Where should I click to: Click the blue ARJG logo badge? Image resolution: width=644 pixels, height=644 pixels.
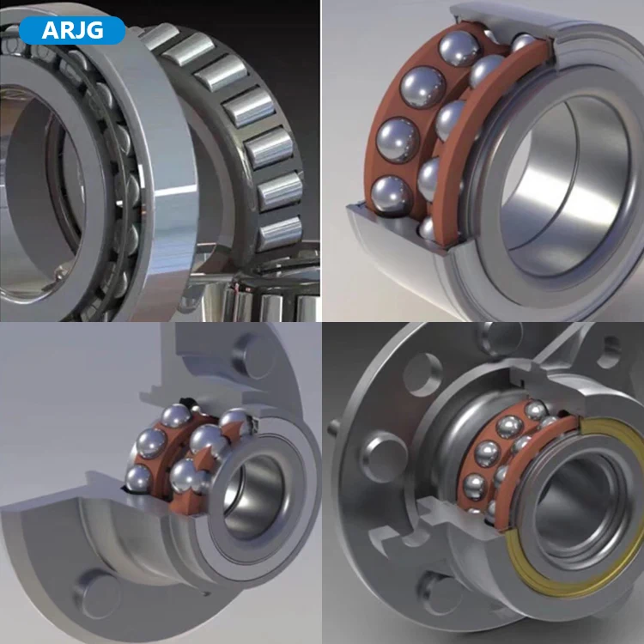pyautogui.click(x=72, y=30)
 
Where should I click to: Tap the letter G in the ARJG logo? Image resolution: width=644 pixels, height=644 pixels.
pyautogui.click(x=95, y=30)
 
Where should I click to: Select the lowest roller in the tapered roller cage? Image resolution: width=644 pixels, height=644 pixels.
pyautogui.click(x=280, y=234)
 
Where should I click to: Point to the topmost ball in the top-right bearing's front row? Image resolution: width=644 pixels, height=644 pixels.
pyautogui.click(x=459, y=48)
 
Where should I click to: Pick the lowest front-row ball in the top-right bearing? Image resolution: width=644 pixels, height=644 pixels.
pyautogui.click(x=392, y=196)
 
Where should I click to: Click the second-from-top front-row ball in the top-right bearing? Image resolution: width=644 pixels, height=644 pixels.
pyautogui.click(x=422, y=88)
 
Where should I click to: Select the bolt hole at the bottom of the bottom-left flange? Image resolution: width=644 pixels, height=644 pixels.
pyautogui.click(x=97, y=593)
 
